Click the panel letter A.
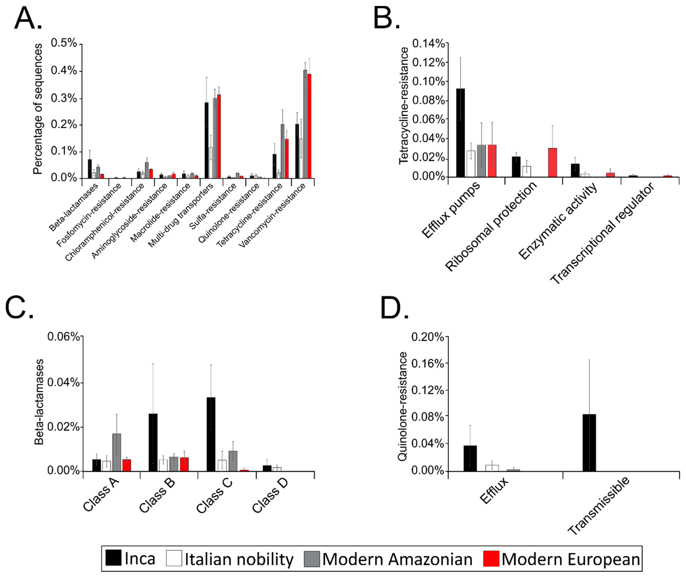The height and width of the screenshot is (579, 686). [28, 19]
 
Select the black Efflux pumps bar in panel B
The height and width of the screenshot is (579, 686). [460, 133]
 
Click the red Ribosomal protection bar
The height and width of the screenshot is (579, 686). [552, 163]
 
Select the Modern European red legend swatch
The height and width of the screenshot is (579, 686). [491, 559]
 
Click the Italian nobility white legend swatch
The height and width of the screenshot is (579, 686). [174, 559]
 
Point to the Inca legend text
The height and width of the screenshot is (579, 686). [140, 559]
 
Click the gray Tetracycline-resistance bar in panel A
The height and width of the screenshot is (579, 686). [282, 151]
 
